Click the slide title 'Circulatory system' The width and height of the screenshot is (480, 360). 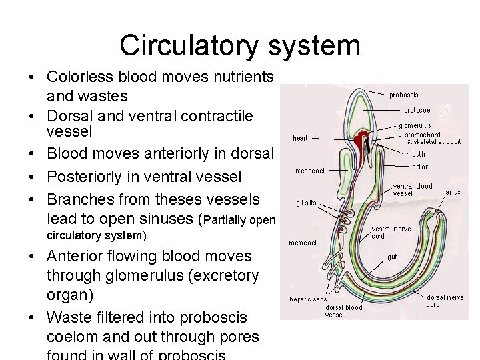(240, 46)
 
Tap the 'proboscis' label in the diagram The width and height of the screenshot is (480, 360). (404, 95)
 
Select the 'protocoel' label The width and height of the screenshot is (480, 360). (417, 110)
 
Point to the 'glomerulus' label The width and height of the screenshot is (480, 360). (415, 125)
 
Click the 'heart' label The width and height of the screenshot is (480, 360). (300, 139)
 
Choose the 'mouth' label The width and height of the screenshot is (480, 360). (415, 154)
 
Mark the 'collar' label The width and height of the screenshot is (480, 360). (419, 167)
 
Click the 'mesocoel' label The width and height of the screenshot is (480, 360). (310, 171)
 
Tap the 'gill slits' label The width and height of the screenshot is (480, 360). (306, 203)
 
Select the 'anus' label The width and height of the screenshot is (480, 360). (453, 192)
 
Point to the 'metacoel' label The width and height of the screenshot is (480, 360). (303, 243)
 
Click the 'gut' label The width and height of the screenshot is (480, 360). (393, 256)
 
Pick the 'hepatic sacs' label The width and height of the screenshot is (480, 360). (308, 299)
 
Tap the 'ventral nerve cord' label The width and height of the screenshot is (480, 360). (391, 232)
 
